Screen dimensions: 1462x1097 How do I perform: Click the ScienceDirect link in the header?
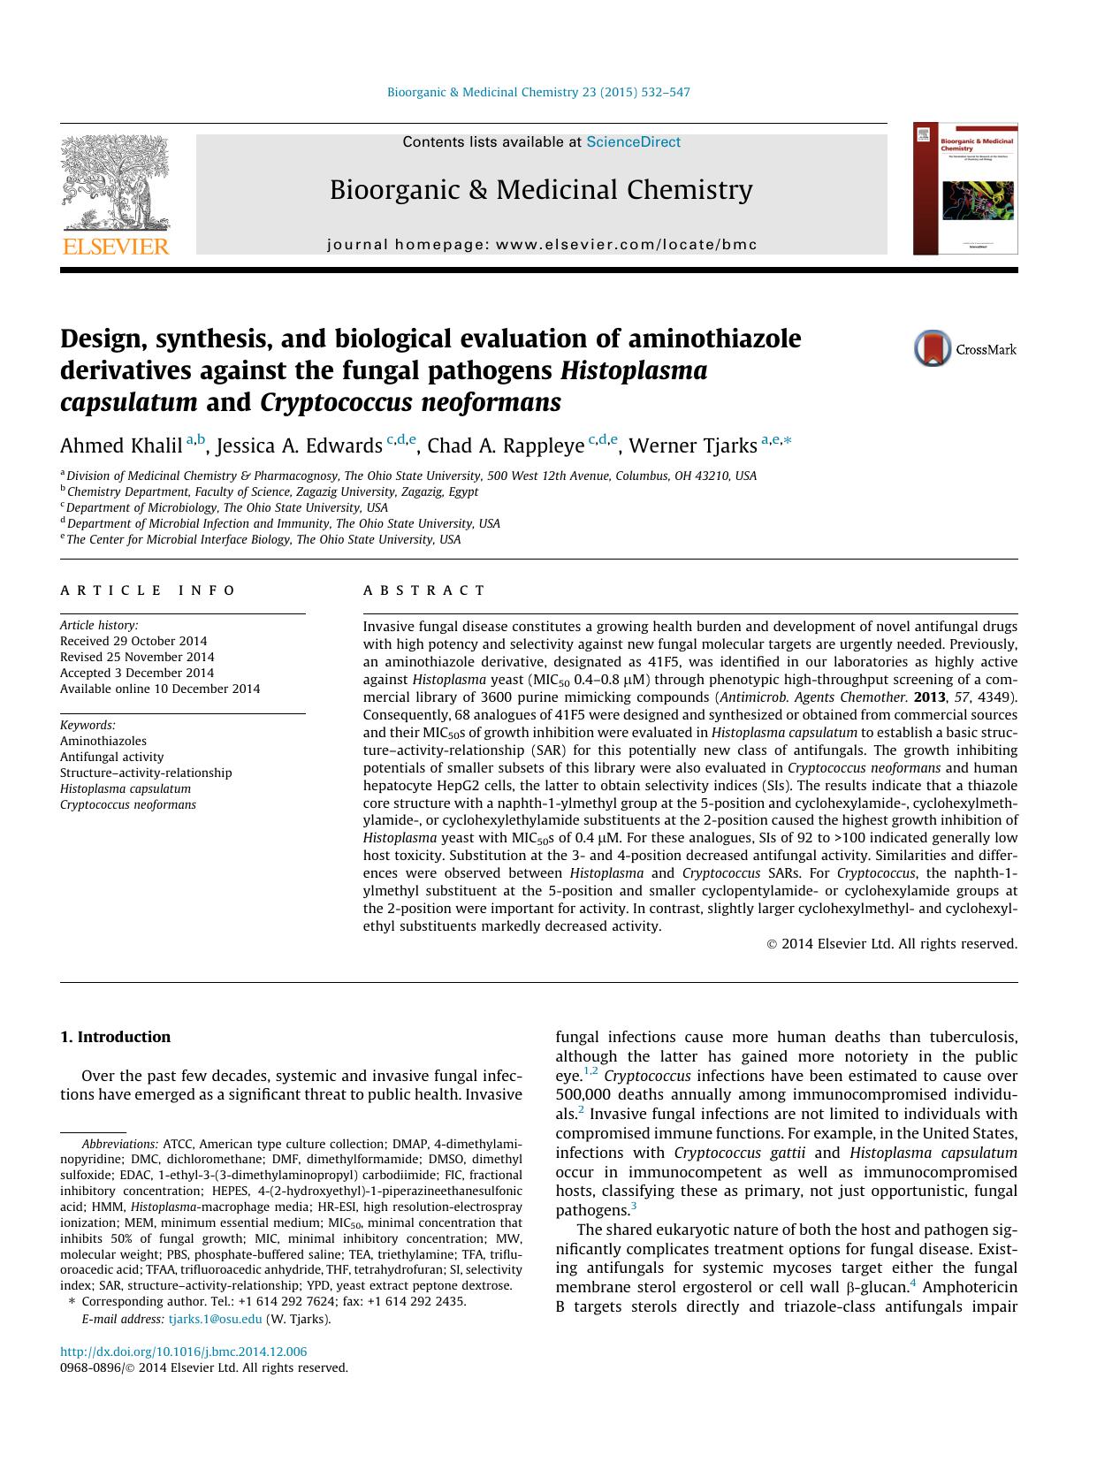point(633,141)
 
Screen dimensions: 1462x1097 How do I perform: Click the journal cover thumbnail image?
point(965,188)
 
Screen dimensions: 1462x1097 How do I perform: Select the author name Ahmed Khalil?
point(121,445)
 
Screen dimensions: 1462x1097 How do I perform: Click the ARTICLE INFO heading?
point(148,590)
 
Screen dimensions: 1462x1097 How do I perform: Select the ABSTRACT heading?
point(424,590)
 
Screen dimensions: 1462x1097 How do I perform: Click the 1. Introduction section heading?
point(115,1037)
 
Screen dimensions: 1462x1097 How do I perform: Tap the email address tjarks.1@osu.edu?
point(215,1319)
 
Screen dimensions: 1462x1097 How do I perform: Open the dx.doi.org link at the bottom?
point(183,1352)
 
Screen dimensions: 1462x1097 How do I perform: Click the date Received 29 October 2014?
point(133,641)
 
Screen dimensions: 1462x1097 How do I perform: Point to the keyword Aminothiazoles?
point(103,741)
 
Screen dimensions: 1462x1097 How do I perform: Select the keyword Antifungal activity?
point(111,757)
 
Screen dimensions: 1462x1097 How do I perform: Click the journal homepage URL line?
point(542,244)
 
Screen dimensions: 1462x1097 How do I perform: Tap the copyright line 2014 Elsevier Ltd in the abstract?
point(892,944)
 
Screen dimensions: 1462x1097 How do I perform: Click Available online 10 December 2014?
point(160,689)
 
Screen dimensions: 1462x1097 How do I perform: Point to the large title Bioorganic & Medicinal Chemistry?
point(541,189)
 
